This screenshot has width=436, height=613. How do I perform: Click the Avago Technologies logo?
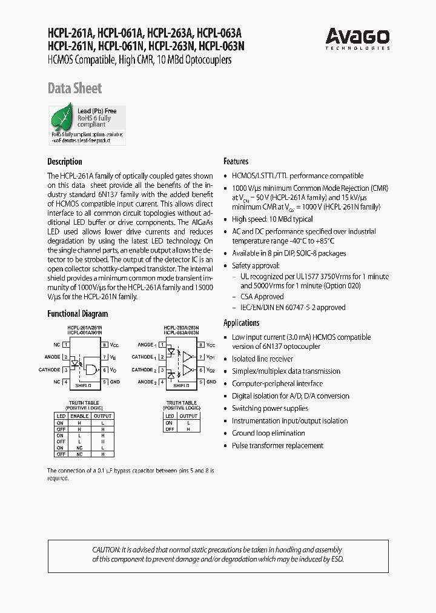pyautogui.click(x=357, y=38)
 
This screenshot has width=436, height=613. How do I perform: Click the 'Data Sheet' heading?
pyautogui.click(x=74, y=88)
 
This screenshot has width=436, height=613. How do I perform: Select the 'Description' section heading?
pyautogui.click(x=65, y=162)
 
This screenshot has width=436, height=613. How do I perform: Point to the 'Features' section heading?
pyautogui.click(x=236, y=162)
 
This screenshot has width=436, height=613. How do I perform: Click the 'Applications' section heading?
pyautogui.click(x=242, y=323)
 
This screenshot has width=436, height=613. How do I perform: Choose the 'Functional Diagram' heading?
pyautogui.click(x=78, y=314)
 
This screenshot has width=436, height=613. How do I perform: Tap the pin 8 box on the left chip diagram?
pyautogui.click(x=105, y=344)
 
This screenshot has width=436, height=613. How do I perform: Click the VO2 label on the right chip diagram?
pyautogui.click(x=211, y=369)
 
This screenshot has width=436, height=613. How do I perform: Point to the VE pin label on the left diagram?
pyautogui.click(x=113, y=357)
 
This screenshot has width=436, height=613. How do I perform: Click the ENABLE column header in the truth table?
pyautogui.click(x=79, y=416)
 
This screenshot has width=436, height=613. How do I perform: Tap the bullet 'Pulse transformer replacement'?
pyautogui.click(x=277, y=446)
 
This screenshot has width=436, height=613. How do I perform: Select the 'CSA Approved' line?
pyautogui.click(x=262, y=297)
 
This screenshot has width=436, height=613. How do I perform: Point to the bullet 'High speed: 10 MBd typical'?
pyautogui.click(x=272, y=219)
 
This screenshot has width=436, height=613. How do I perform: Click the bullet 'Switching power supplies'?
pyautogui.click(x=270, y=408)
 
